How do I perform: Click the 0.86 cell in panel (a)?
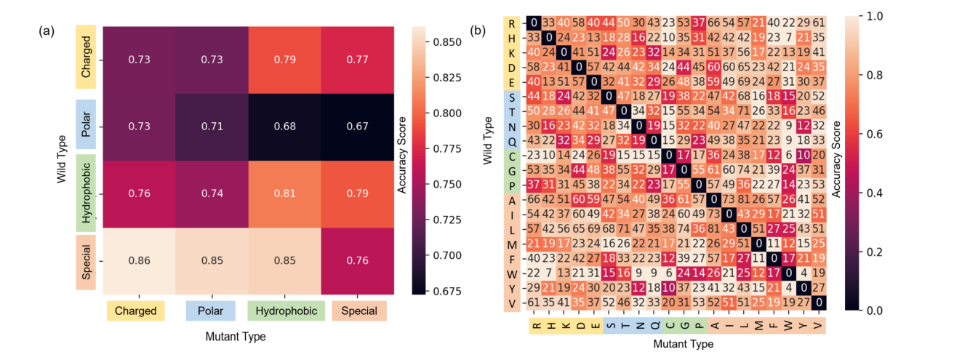139,260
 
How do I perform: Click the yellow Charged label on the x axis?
135,311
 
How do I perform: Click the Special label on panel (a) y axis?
86,260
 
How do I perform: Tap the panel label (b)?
480,31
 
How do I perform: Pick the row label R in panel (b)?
513,23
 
